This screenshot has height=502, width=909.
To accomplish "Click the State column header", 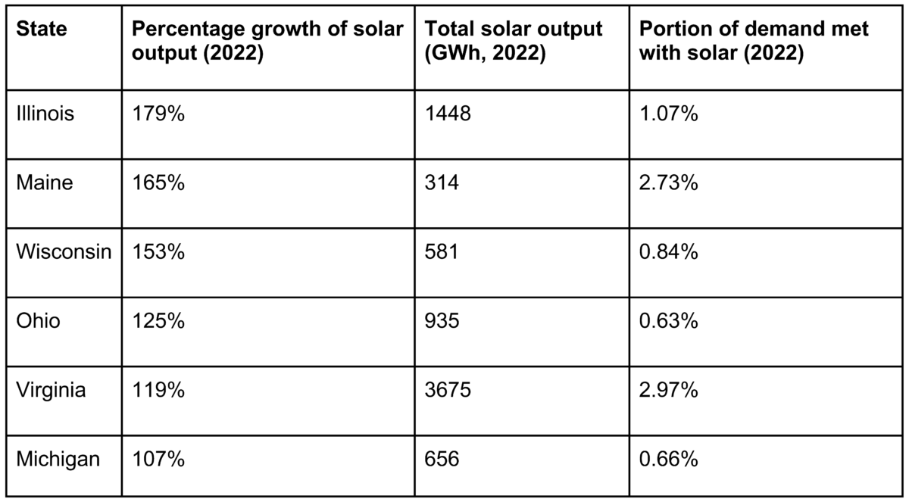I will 42,30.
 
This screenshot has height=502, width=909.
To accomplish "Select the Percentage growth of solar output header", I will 267,42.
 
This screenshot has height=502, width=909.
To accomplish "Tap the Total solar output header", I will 514,42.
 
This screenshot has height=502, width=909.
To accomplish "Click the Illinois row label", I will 45,114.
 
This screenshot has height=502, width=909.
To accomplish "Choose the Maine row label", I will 45,182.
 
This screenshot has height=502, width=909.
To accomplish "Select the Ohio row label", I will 38,321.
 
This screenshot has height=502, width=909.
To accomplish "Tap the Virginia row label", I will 51,391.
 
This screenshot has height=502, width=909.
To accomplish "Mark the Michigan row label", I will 58,460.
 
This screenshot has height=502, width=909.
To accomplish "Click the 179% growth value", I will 159,114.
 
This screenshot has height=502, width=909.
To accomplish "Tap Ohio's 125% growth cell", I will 159,321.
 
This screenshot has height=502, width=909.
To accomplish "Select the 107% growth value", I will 159,460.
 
